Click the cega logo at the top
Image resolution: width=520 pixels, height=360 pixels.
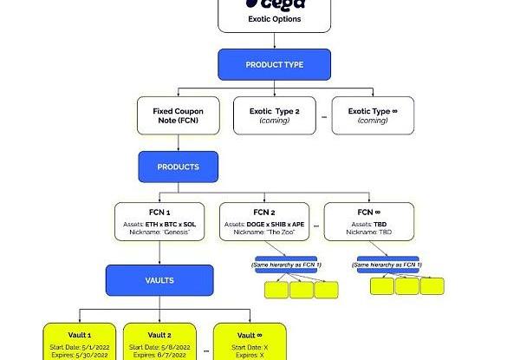(x=274, y=7)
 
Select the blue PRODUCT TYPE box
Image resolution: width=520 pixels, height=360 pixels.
(x=274, y=65)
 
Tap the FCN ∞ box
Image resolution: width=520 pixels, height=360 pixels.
(x=368, y=222)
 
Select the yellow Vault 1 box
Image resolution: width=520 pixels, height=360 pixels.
(x=80, y=343)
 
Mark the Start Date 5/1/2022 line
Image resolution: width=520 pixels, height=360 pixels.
(x=80, y=346)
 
